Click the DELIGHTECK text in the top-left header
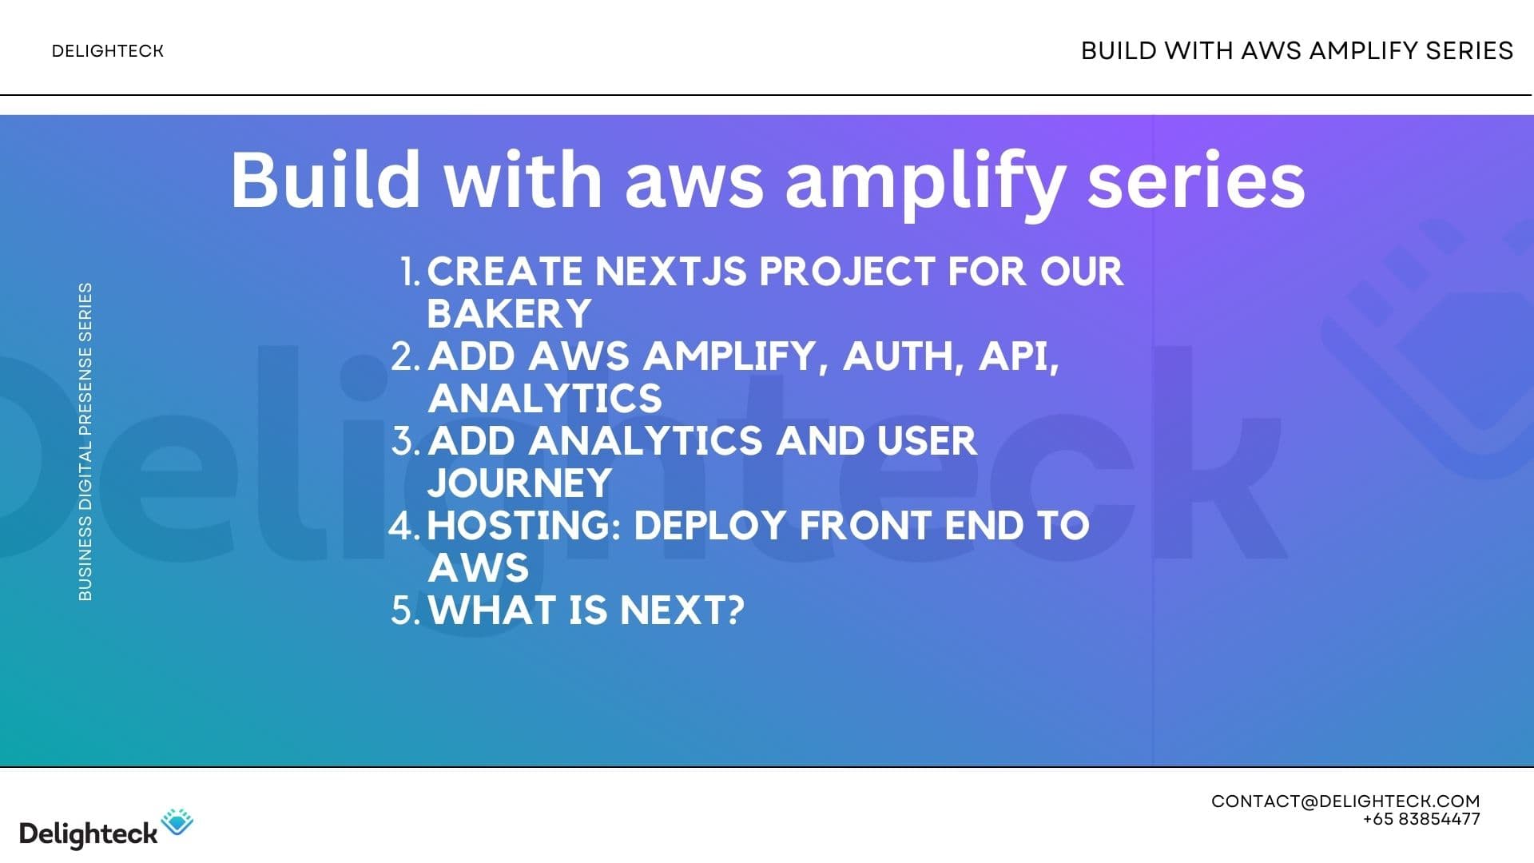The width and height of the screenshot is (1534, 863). [x=107, y=51]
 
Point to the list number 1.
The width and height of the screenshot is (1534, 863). [x=409, y=272]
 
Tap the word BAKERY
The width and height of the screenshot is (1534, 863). [x=509, y=314]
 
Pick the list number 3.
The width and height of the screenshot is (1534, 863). [x=404, y=441]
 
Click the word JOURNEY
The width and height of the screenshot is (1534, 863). [x=519, y=483]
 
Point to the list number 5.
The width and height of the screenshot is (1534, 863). [x=404, y=610]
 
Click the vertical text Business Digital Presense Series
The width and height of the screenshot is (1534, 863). [x=85, y=441]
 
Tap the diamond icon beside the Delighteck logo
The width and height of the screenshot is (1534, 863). [x=177, y=822]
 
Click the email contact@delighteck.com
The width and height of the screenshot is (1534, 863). [x=1345, y=801]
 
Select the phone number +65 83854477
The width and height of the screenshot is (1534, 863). [x=1421, y=820]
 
